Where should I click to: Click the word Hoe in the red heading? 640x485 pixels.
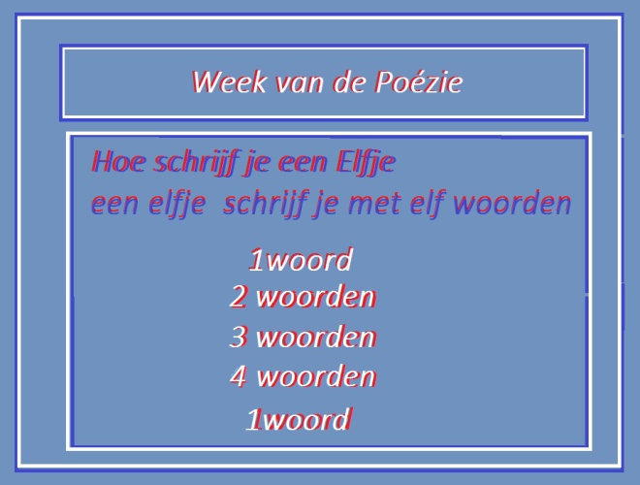112,161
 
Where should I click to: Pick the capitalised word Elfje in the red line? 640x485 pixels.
365,161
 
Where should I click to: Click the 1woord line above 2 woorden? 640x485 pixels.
300,261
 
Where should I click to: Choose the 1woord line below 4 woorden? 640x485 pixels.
298,420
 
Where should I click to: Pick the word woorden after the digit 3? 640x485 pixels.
315,338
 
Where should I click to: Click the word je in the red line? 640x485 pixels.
257,163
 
